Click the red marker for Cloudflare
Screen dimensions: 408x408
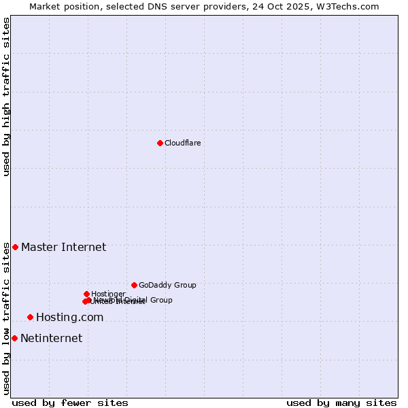(160, 143)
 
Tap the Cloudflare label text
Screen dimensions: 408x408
(182, 143)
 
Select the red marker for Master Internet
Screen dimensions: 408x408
(15, 247)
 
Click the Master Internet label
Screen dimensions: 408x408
(63, 247)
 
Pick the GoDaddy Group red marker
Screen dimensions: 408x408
(134, 285)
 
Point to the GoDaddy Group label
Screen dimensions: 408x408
(167, 285)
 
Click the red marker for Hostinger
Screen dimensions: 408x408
(86, 294)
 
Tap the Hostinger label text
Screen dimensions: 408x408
(108, 294)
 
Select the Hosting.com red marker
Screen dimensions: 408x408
(30, 317)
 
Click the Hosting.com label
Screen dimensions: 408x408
(69, 317)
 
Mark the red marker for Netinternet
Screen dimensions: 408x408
(14, 338)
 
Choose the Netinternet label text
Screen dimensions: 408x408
(51, 338)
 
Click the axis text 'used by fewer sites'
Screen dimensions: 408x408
(70, 403)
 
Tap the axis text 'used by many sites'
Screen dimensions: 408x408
(341, 403)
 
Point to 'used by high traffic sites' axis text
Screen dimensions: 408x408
(7, 97)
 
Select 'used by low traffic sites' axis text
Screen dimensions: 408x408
(7, 318)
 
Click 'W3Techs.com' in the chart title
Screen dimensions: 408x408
(351, 6)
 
